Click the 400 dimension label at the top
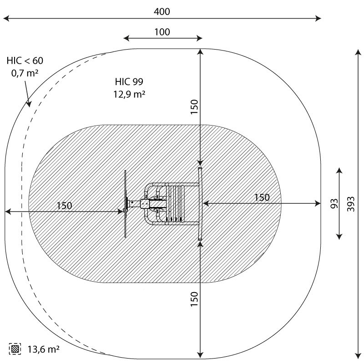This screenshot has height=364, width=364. click(x=162, y=11)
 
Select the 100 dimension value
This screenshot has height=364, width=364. click(x=162, y=32)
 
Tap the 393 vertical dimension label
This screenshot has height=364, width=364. click(x=351, y=204)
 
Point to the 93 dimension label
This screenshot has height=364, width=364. click(x=334, y=203)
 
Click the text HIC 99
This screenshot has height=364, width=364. click(x=129, y=81)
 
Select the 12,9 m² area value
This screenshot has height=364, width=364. click(x=129, y=94)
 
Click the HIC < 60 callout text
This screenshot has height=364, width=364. click(x=25, y=61)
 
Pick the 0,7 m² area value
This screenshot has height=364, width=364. click(x=25, y=73)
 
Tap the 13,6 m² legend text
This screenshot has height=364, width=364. click(x=44, y=349)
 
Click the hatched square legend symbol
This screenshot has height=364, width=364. click(x=15, y=349)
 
